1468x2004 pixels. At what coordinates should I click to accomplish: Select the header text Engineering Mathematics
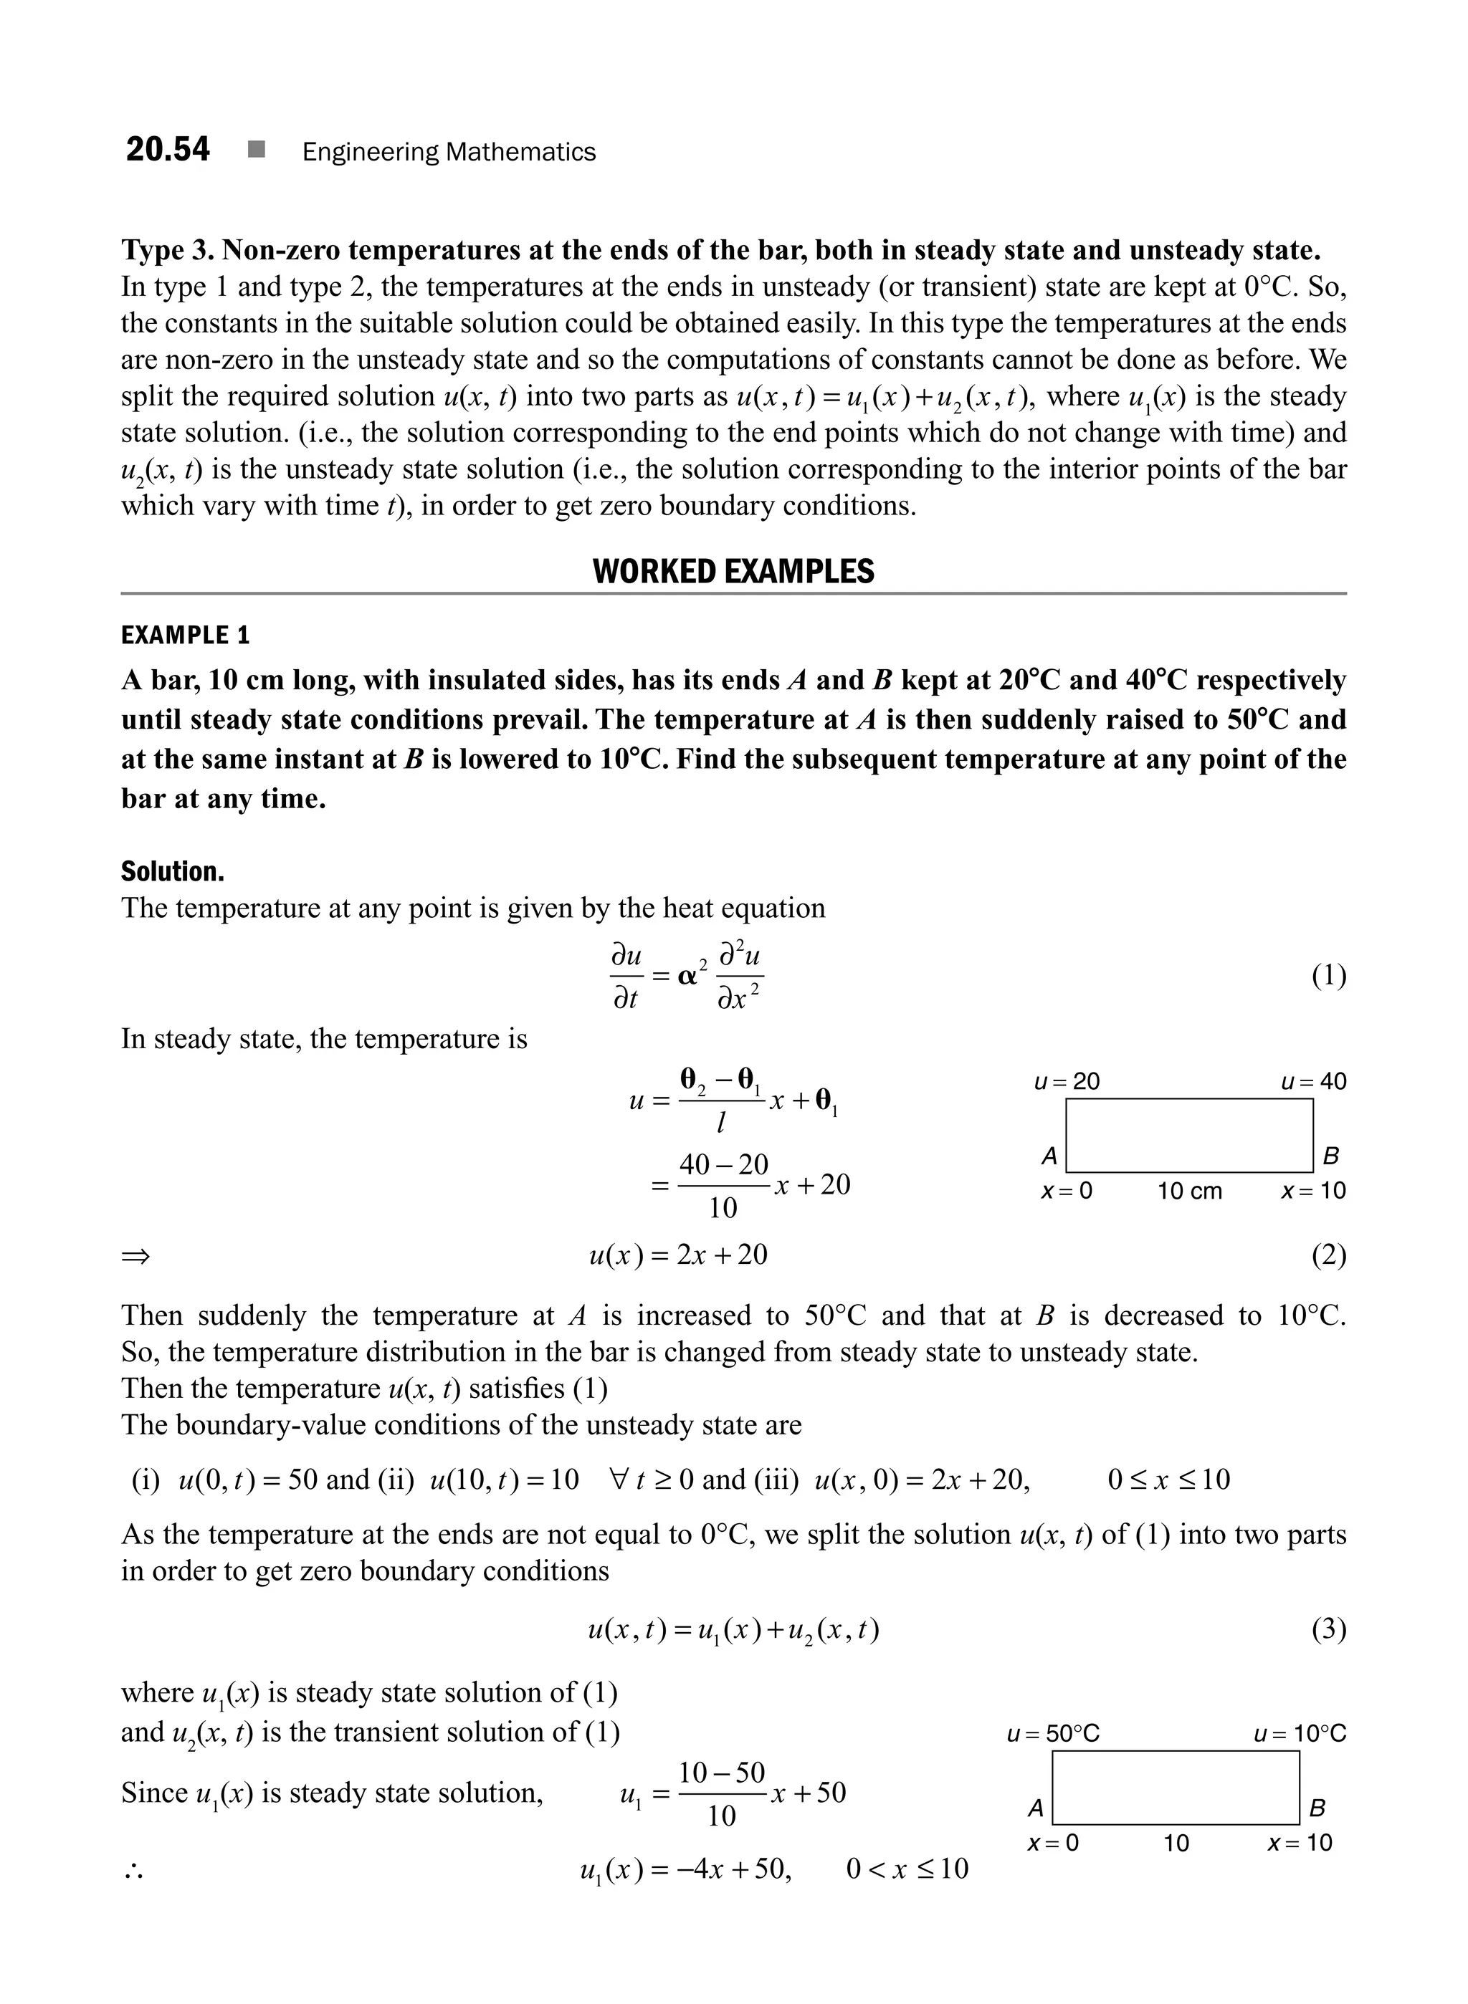pyautogui.click(x=449, y=153)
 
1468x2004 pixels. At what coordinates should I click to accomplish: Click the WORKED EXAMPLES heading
pyautogui.click(x=733, y=571)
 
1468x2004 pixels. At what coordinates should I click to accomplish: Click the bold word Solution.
pyautogui.click(x=173, y=871)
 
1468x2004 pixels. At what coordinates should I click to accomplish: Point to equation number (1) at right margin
pyautogui.click(x=1328, y=977)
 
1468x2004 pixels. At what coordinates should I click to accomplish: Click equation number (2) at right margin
pyautogui.click(x=1328, y=1255)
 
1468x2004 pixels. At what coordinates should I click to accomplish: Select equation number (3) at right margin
pyautogui.click(x=1328, y=1629)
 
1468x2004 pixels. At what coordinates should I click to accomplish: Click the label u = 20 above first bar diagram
pyautogui.click(x=1067, y=1082)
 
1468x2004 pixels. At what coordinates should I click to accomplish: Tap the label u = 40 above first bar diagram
pyautogui.click(x=1312, y=1082)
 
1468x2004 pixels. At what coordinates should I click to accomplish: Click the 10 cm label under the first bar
pyautogui.click(x=1189, y=1192)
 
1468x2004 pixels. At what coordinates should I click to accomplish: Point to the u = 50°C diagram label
pyautogui.click(x=1053, y=1734)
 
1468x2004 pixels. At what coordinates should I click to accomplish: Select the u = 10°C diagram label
pyautogui.click(x=1300, y=1734)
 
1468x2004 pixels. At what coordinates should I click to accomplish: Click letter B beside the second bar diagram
pyautogui.click(x=1317, y=1808)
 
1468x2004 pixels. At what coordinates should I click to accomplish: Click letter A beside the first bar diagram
pyautogui.click(x=1049, y=1156)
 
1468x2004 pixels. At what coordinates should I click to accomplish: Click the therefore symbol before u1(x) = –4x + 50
pyautogui.click(x=134, y=1871)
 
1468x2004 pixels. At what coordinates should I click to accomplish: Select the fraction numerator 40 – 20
pyautogui.click(x=723, y=1164)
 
